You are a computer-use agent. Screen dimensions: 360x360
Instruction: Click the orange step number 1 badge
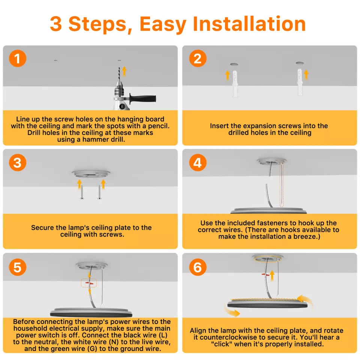(18, 58)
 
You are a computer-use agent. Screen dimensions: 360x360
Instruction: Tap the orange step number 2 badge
(198, 58)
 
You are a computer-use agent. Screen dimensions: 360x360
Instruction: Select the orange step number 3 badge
(18, 162)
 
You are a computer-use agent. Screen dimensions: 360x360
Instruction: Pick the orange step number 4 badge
(198, 162)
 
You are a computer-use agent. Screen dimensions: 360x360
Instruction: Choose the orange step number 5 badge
(18, 267)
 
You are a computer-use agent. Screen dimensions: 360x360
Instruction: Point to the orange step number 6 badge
(198, 267)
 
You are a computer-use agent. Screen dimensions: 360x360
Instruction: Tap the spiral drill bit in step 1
(119, 74)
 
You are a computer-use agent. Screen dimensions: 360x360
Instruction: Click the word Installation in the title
(249, 24)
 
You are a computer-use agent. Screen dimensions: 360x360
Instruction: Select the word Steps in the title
(97, 25)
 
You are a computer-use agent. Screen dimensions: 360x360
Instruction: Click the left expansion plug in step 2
(235, 83)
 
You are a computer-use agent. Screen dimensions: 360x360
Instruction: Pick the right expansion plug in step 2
(300, 82)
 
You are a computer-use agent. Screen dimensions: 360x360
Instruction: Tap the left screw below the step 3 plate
(82, 192)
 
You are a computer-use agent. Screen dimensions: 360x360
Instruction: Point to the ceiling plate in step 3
(91, 174)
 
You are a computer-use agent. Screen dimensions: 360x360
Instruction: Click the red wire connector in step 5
(89, 283)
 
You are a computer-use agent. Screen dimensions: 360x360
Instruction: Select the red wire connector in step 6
(265, 274)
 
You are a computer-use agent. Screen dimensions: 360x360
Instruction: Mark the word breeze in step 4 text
(307, 237)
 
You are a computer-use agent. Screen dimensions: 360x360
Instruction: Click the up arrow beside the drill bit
(124, 71)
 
